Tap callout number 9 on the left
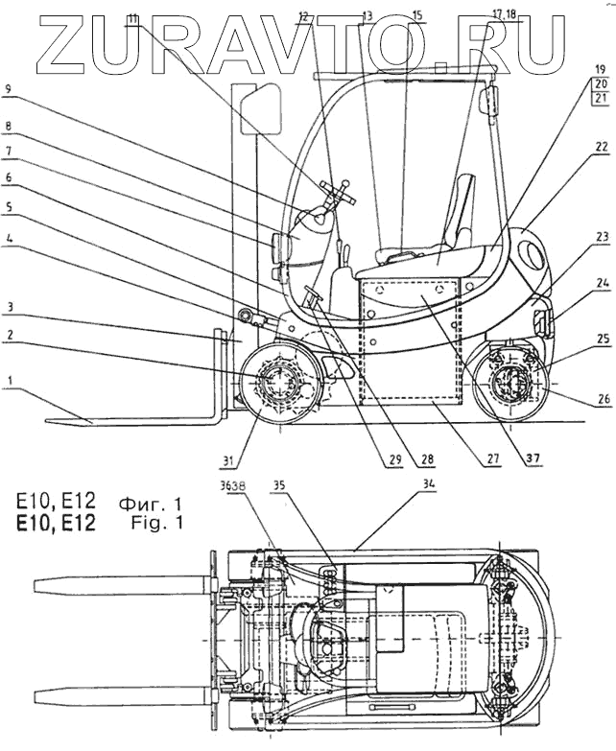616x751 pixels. (8, 88)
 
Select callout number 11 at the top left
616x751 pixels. (132, 18)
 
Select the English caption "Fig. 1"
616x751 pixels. (153, 523)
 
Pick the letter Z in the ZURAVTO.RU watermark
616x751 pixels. (68, 43)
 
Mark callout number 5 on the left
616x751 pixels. (8, 207)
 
